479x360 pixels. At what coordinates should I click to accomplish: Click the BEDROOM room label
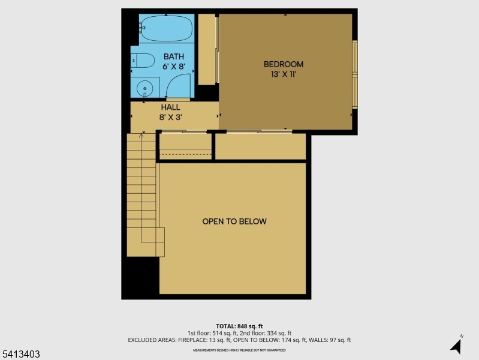284,64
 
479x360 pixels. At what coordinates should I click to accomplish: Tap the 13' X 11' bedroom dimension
284,75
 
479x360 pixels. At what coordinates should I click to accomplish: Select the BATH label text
174,56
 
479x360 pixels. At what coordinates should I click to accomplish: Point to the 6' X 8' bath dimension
174,67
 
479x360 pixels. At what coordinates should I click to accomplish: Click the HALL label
170,107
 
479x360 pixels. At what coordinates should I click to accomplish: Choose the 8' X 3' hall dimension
170,118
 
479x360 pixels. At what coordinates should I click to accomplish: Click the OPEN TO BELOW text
234,221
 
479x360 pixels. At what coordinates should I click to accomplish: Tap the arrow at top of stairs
141,136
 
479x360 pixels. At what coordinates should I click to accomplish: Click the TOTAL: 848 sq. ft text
239,326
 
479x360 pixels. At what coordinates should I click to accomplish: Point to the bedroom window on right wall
354,75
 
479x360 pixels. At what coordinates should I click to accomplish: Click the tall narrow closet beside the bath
207,49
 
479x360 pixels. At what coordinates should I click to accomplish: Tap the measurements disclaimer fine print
239,350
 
